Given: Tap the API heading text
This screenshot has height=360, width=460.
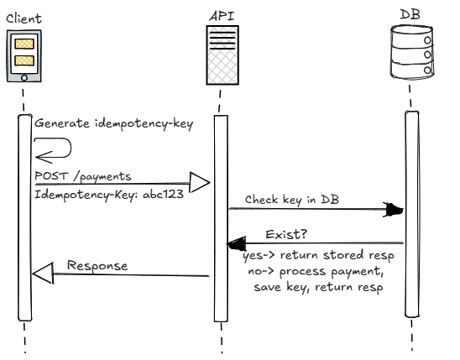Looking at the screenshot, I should (x=219, y=15).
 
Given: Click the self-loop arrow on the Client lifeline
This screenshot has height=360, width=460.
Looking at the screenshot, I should (x=55, y=149).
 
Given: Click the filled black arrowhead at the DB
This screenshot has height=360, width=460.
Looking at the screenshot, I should (x=393, y=210).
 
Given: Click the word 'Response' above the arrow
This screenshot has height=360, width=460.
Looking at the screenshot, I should (x=97, y=265).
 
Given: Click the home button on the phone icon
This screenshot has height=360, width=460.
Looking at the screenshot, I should (x=24, y=78).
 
